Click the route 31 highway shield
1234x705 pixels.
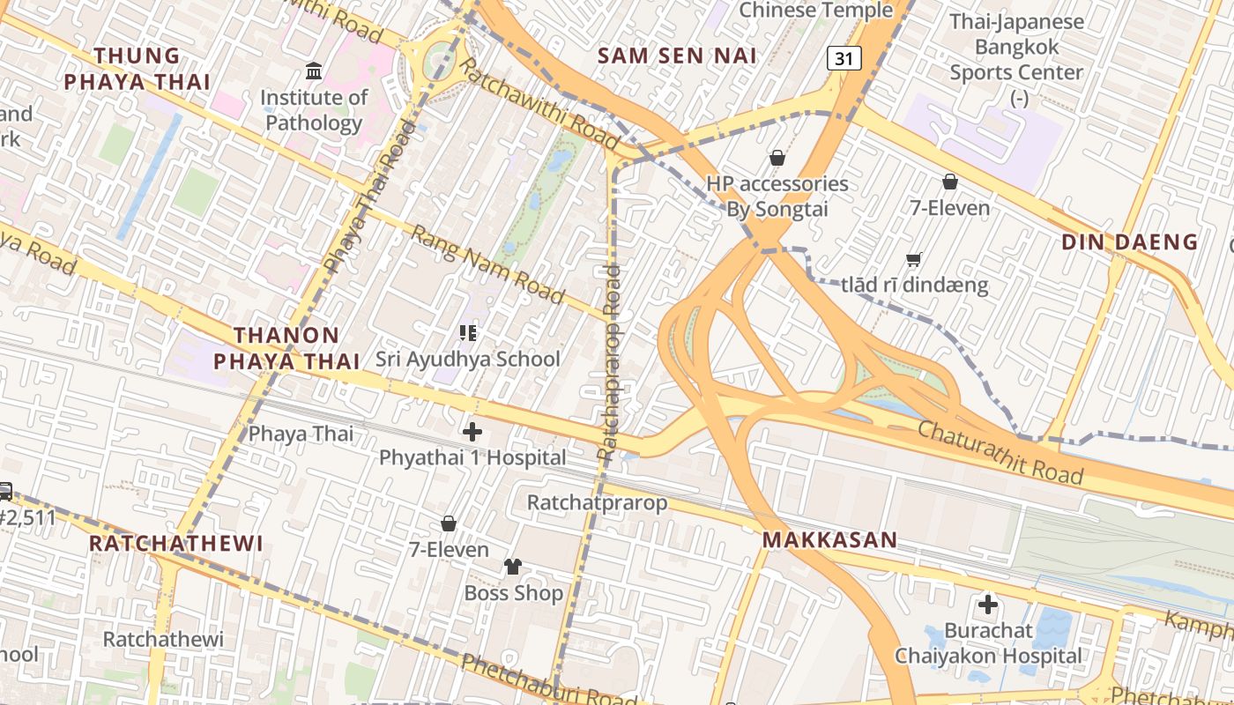[x=844, y=59]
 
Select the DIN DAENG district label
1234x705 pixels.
[x=1129, y=241]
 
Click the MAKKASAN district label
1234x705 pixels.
[x=829, y=540]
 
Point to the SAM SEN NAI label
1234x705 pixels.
[x=677, y=56]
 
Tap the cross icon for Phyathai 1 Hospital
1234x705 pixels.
[x=472, y=432]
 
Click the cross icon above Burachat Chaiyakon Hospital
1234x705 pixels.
[x=988, y=605]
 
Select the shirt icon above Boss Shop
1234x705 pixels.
[x=513, y=567]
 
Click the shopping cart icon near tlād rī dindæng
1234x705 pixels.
[x=914, y=259]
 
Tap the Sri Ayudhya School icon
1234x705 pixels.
[x=468, y=333]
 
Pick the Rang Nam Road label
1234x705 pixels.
[x=487, y=264]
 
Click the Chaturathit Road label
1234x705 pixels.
[x=1000, y=453]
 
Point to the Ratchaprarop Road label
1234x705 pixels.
[x=610, y=361]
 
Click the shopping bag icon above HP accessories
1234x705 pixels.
[x=777, y=158]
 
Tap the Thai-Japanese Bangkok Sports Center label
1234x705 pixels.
[x=1016, y=48]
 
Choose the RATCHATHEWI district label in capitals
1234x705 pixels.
[x=176, y=543]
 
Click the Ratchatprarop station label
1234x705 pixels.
[x=597, y=502]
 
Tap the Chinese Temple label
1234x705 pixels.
[x=815, y=11]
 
